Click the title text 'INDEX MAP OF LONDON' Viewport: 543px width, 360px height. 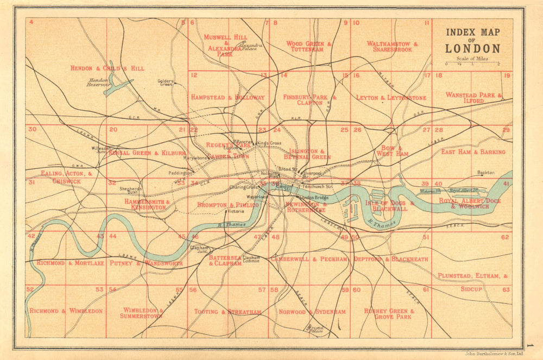click(472, 40)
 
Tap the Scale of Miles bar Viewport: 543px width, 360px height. click(472, 64)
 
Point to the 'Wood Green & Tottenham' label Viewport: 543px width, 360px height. click(308, 46)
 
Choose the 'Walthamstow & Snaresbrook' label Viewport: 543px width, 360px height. click(392, 46)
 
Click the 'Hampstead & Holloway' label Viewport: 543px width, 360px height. click(228, 97)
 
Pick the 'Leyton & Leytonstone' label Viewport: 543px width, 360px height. click(391, 98)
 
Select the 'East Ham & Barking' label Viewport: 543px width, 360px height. click(473, 152)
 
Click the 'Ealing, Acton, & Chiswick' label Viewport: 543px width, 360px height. click(66, 177)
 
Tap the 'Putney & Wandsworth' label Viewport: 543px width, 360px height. click(146, 263)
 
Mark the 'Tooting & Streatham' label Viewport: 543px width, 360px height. click(228, 312)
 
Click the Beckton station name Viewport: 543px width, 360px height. click(485, 173)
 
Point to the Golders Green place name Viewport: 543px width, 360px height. click(165, 83)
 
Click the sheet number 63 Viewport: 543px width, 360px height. click(506, 290)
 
